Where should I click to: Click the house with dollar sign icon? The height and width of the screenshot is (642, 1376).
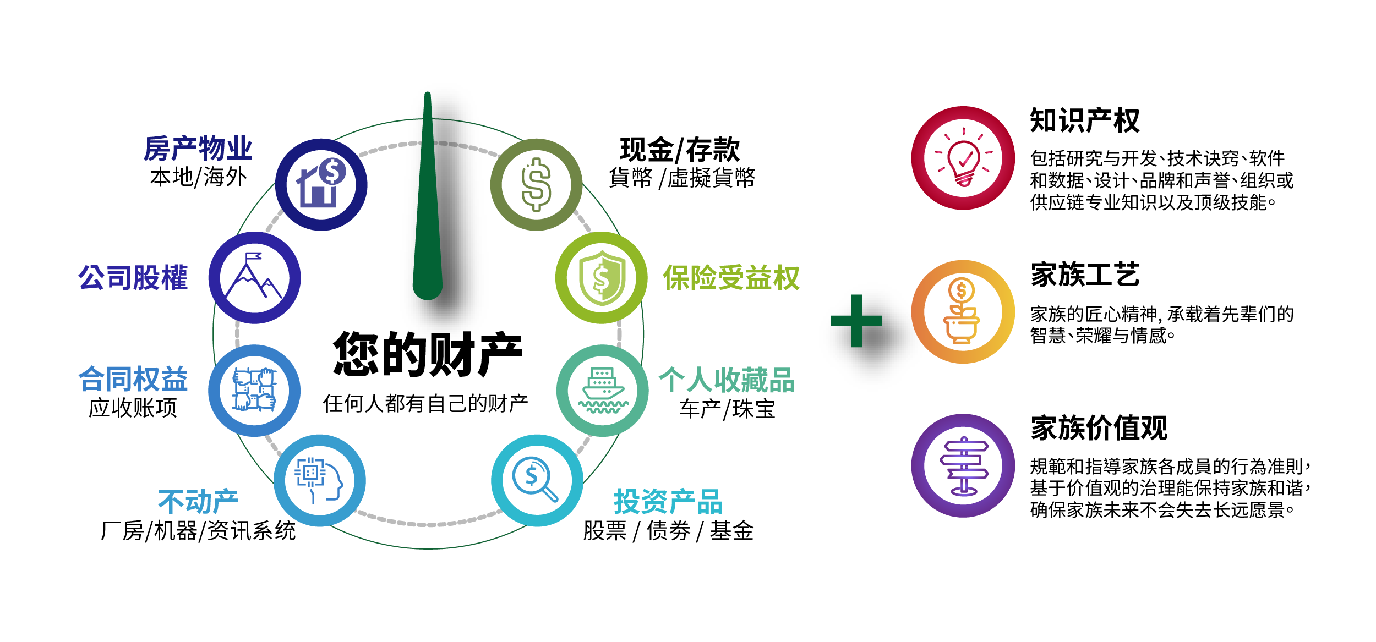point(321,185)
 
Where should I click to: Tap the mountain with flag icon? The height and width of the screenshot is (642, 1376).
point(254,278)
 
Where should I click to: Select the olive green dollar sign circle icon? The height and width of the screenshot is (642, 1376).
point(537,185)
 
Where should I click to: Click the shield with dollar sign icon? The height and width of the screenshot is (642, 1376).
point(602,278)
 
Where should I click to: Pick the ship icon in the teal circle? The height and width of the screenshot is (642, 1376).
point(603,391)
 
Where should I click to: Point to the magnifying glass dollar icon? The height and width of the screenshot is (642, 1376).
point(537,481)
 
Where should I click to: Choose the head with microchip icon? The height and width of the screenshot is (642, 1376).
point(320,481)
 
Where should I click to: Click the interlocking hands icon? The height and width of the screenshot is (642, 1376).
point(254,391)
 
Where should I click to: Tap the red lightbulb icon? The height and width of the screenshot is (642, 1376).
point(963,158)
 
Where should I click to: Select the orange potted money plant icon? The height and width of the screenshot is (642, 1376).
point(963,312)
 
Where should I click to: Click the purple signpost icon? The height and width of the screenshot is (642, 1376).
point(963,465)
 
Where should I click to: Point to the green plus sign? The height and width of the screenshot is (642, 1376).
point(856,321)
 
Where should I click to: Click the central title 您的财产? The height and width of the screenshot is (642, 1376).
point(428,354)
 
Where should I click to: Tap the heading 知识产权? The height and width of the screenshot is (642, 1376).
point(1085,120)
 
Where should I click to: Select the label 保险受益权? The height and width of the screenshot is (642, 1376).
point(731,278)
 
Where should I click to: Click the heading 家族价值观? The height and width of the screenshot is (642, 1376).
point(1099,428)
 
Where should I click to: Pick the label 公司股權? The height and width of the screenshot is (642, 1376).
point(133,278)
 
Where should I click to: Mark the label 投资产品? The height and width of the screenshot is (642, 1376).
point(668,501)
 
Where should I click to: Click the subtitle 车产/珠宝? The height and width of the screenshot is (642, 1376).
point(727,409)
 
